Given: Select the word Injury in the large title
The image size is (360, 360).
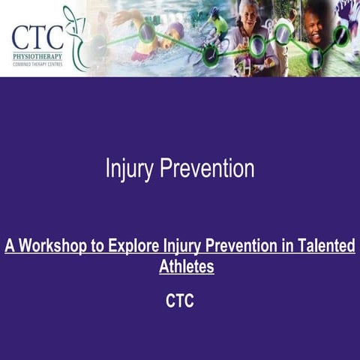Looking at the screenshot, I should [x=129, y=169].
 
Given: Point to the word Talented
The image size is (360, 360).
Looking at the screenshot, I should [x=327, y=246].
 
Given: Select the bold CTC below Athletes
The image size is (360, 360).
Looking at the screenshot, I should [x=179, y=301].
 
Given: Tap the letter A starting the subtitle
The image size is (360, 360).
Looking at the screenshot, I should [x=10, y=246].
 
